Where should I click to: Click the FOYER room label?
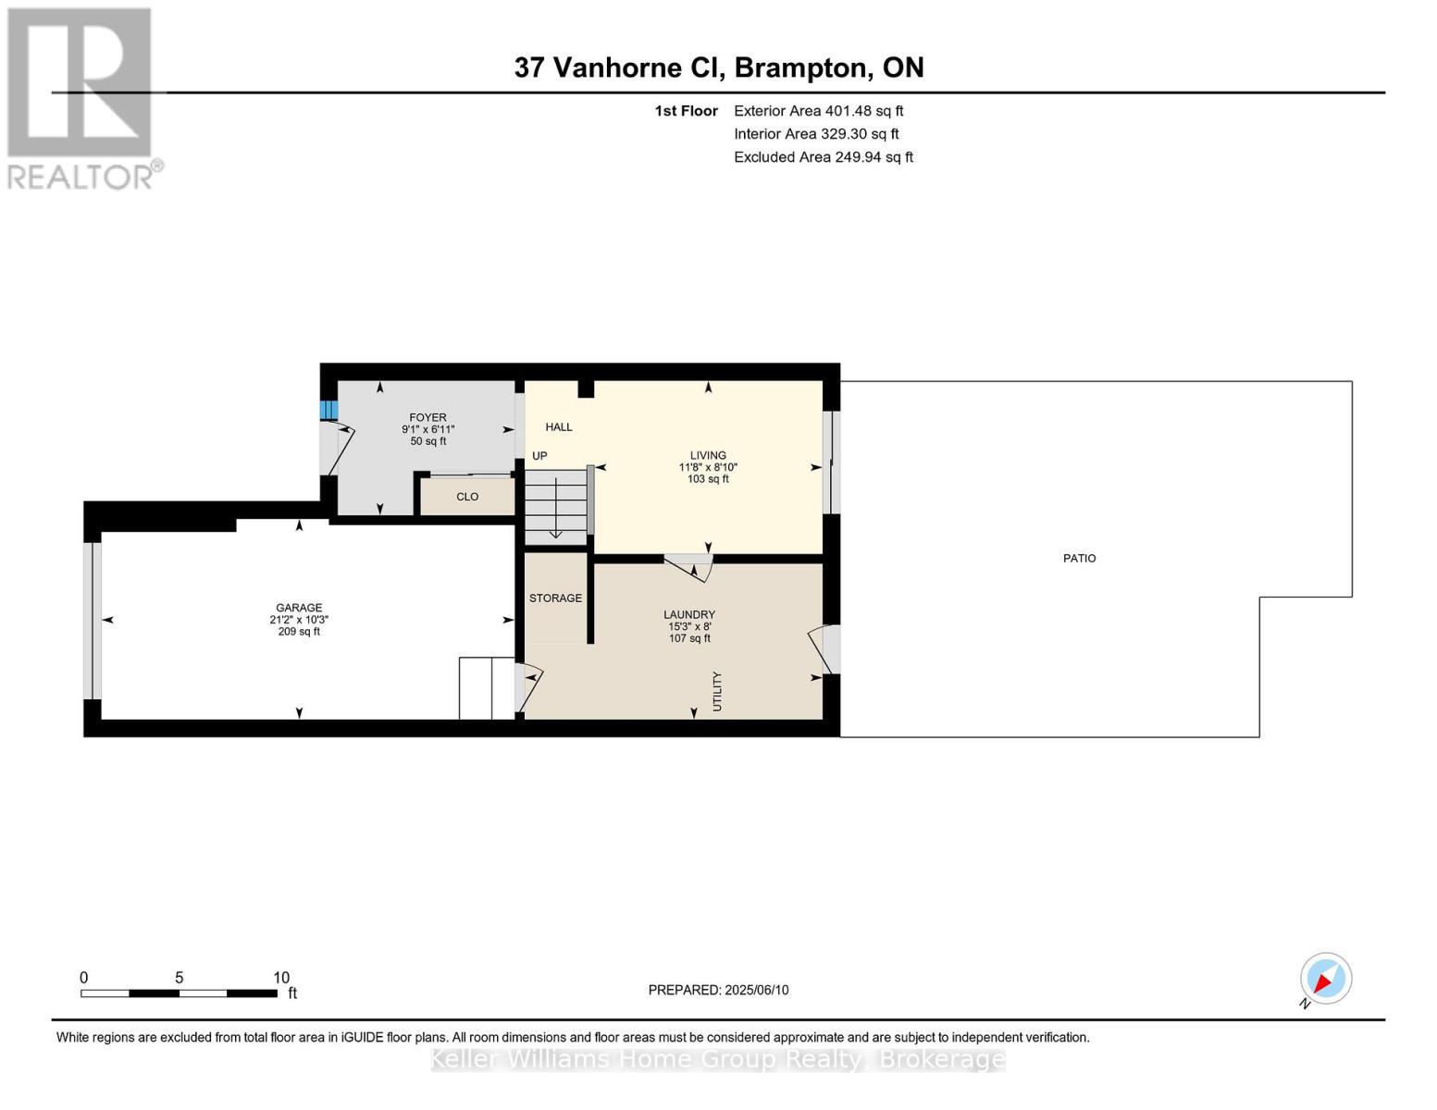coord(427,417)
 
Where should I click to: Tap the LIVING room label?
coord(708,455)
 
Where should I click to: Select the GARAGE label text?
coord(299,608)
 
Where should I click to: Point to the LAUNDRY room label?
coord(689,614)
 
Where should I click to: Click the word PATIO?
coord(1079,558)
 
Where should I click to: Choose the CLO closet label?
coord(467,497)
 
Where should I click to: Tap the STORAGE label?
coord(555,598)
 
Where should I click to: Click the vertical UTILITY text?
coord(717,692)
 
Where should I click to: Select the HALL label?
coord(559,427)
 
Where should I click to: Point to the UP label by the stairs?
coord(539,455)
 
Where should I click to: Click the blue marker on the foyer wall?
coord(328,410)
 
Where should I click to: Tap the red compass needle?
coord(1323,983)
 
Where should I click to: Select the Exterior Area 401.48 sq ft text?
coord(819,111)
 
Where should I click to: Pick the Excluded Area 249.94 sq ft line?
coord(824,157)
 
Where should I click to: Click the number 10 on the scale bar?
coord(281,977)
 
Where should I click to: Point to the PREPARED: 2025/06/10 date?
coord(718,990)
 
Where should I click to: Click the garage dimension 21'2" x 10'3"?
coord(299,620)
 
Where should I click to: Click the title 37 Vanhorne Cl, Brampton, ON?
coord(719,68)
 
